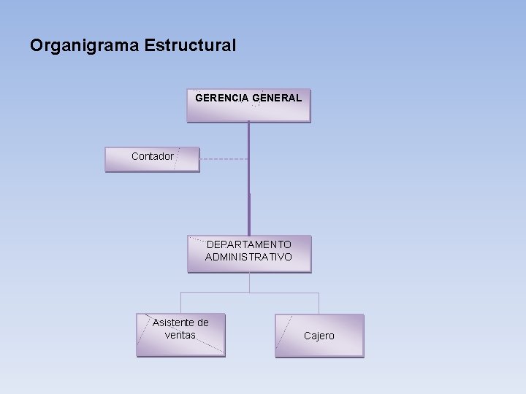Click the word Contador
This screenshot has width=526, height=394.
(x=153, y=156)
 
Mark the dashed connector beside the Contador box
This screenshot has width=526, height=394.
(x=223, y=159)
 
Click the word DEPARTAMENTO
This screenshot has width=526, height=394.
(x=248, y=244)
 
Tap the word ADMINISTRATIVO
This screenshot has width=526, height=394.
(x=248, y=257)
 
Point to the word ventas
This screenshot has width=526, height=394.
(x=180, y=335)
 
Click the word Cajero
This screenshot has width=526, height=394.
(x=319, y=336)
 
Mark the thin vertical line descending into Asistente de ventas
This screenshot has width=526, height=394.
(x=180, y=303)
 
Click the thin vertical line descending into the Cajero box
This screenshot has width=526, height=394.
(x=319, y=303)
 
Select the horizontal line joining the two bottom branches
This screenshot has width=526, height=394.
(x=249, y=293)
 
